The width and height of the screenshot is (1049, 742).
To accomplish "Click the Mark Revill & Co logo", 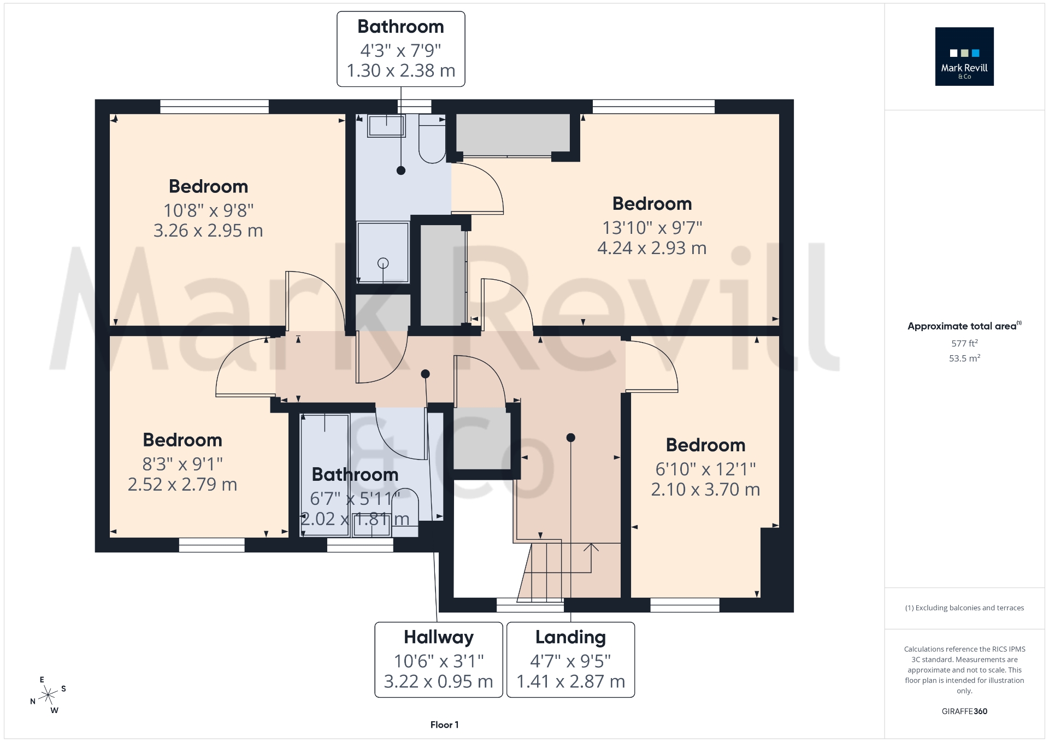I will [964, 56].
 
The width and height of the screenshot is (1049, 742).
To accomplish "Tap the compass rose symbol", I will [49, 695].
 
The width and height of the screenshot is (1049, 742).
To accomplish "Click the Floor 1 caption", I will [444, 725].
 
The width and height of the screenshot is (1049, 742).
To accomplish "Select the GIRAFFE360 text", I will [964, 711].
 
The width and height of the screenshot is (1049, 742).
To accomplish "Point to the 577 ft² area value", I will [964, 343].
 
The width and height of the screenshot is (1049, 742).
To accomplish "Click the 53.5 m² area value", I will [964, 358].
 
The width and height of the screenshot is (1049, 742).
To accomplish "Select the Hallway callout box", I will [438, 659].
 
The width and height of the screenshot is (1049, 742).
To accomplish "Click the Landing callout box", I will [570, 659].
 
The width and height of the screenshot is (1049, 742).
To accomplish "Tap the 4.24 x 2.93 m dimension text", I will [652, 248].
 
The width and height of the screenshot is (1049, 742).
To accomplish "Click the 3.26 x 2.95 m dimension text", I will [208, 231].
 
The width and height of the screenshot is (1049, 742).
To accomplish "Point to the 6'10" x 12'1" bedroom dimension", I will [705, 469].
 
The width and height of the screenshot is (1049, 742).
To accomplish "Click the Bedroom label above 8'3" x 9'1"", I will [182, 440].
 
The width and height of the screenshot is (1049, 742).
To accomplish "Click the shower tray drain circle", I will [383, 263].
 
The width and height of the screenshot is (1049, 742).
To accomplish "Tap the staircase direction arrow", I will [591, 548].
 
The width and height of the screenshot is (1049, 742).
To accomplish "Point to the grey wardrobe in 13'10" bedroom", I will [512, 134].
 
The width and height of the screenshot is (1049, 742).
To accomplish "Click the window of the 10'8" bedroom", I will [214, 107].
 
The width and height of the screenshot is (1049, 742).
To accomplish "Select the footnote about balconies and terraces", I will [964, 608].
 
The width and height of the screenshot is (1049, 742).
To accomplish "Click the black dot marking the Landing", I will [570, 438].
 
